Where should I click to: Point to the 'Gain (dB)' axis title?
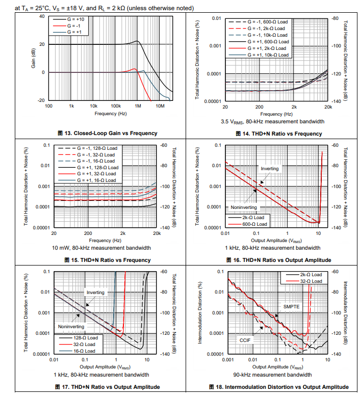coord(34,58)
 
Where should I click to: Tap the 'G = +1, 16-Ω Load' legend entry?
coord(96,180)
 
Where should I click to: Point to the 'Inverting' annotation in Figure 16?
coord(270,168)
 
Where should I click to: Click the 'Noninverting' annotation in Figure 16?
coord(243,207)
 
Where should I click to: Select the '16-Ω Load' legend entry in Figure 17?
coord(83,351)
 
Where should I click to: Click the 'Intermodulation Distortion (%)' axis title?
coord(200,312)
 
